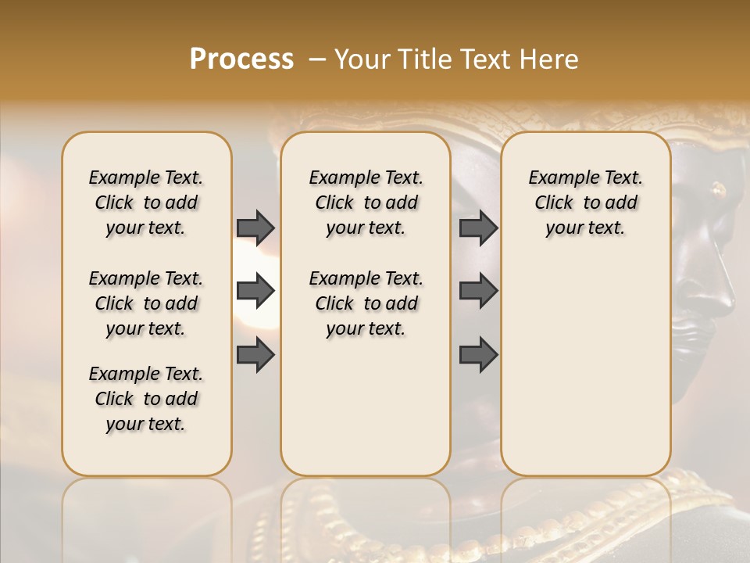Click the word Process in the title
tap(241, 59)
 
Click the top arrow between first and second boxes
tap(255, 228)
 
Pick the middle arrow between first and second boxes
tap(255, 292)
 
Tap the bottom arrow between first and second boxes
tap(255, 355)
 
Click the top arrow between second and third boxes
tap(478, 228)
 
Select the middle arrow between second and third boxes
tap(478, 292)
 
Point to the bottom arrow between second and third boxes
tap(478, 355)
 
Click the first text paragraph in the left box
tap(146, 203)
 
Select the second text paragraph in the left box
tap(146, 303)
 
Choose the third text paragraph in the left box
tap(146, 399)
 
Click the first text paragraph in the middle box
tap(366, 203)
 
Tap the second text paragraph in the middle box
tap(366, 303)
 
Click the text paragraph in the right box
tap(585, 203)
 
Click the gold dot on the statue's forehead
tap(717, 188)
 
